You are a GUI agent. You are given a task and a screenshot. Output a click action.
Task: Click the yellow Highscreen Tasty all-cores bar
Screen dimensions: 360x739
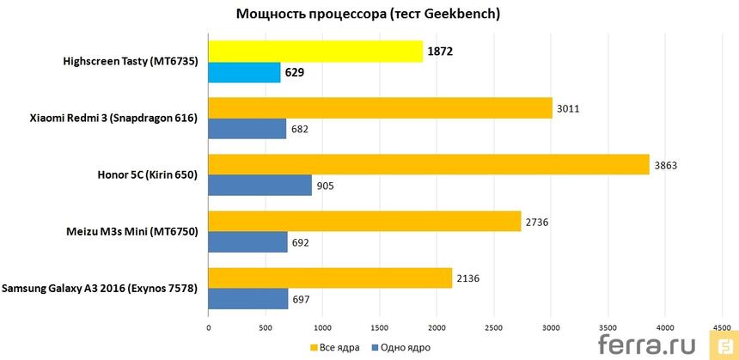[315, 52]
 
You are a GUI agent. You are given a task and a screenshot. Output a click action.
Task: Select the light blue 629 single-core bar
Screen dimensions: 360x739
[244, 73]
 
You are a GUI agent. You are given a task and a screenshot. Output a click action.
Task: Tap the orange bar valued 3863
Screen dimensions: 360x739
[429, 164]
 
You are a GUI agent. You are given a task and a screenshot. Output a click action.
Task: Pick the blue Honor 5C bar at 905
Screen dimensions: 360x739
[260, 186]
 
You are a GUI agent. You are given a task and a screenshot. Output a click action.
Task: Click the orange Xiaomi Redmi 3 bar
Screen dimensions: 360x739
[380, 107]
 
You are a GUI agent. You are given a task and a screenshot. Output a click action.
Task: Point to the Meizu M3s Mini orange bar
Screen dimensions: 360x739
[364, 222]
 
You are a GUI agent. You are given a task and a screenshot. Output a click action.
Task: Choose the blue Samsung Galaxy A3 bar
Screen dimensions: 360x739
[248, 299]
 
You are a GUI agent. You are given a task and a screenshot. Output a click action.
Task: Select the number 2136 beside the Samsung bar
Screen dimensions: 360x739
[469, 278]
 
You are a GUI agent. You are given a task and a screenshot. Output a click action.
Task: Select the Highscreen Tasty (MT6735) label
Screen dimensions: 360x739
[131, 62]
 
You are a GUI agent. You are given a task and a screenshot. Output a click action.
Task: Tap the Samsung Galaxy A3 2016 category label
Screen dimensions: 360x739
[100, 289]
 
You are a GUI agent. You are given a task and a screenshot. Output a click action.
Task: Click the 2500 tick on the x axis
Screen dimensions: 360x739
[493, 327]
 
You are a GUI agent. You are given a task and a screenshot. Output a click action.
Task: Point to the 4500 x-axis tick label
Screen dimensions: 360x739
[721, 327]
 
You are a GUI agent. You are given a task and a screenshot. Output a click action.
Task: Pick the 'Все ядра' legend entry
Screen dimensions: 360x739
[334, 347]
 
